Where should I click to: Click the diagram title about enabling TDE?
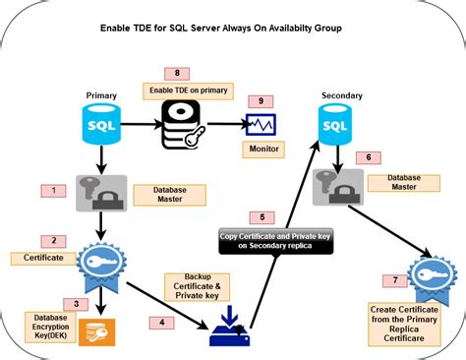coord(232,30)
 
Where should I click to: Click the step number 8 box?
coord(176,74)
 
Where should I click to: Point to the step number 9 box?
coord(260,100)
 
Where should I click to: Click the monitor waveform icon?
coord(260,125)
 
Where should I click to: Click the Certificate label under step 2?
coord(38,258)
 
